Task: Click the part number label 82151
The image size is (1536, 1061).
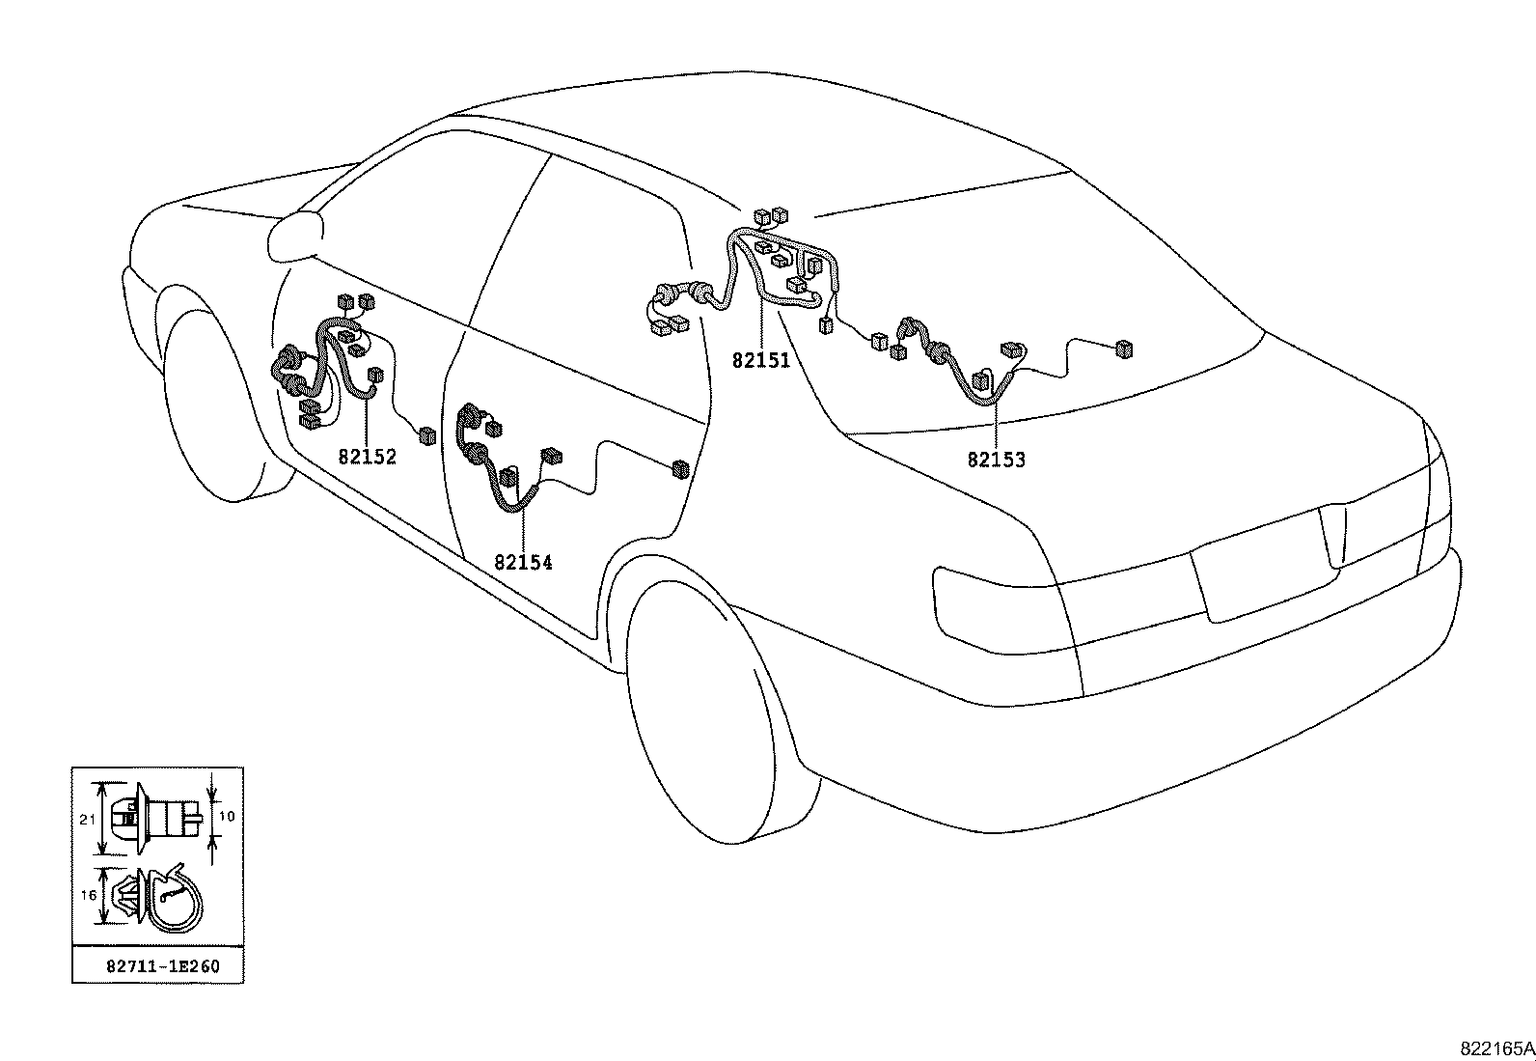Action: click(760, 361)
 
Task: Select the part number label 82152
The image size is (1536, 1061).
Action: click(368, 457)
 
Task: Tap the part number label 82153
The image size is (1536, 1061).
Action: click(997, 461)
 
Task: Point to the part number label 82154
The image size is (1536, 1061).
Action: click(523, 563)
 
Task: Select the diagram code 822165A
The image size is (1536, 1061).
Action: click(1495, 1048)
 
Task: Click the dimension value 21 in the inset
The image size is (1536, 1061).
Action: click(87, 820)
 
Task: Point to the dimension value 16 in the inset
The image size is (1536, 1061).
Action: click(88, 896)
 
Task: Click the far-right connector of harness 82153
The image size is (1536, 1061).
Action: click(1124, 349)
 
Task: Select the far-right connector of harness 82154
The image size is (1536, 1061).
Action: click(680, 470)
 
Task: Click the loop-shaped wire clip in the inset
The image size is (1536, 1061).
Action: click(178, 898)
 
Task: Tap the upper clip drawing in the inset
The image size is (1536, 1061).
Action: click(154, 818)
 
